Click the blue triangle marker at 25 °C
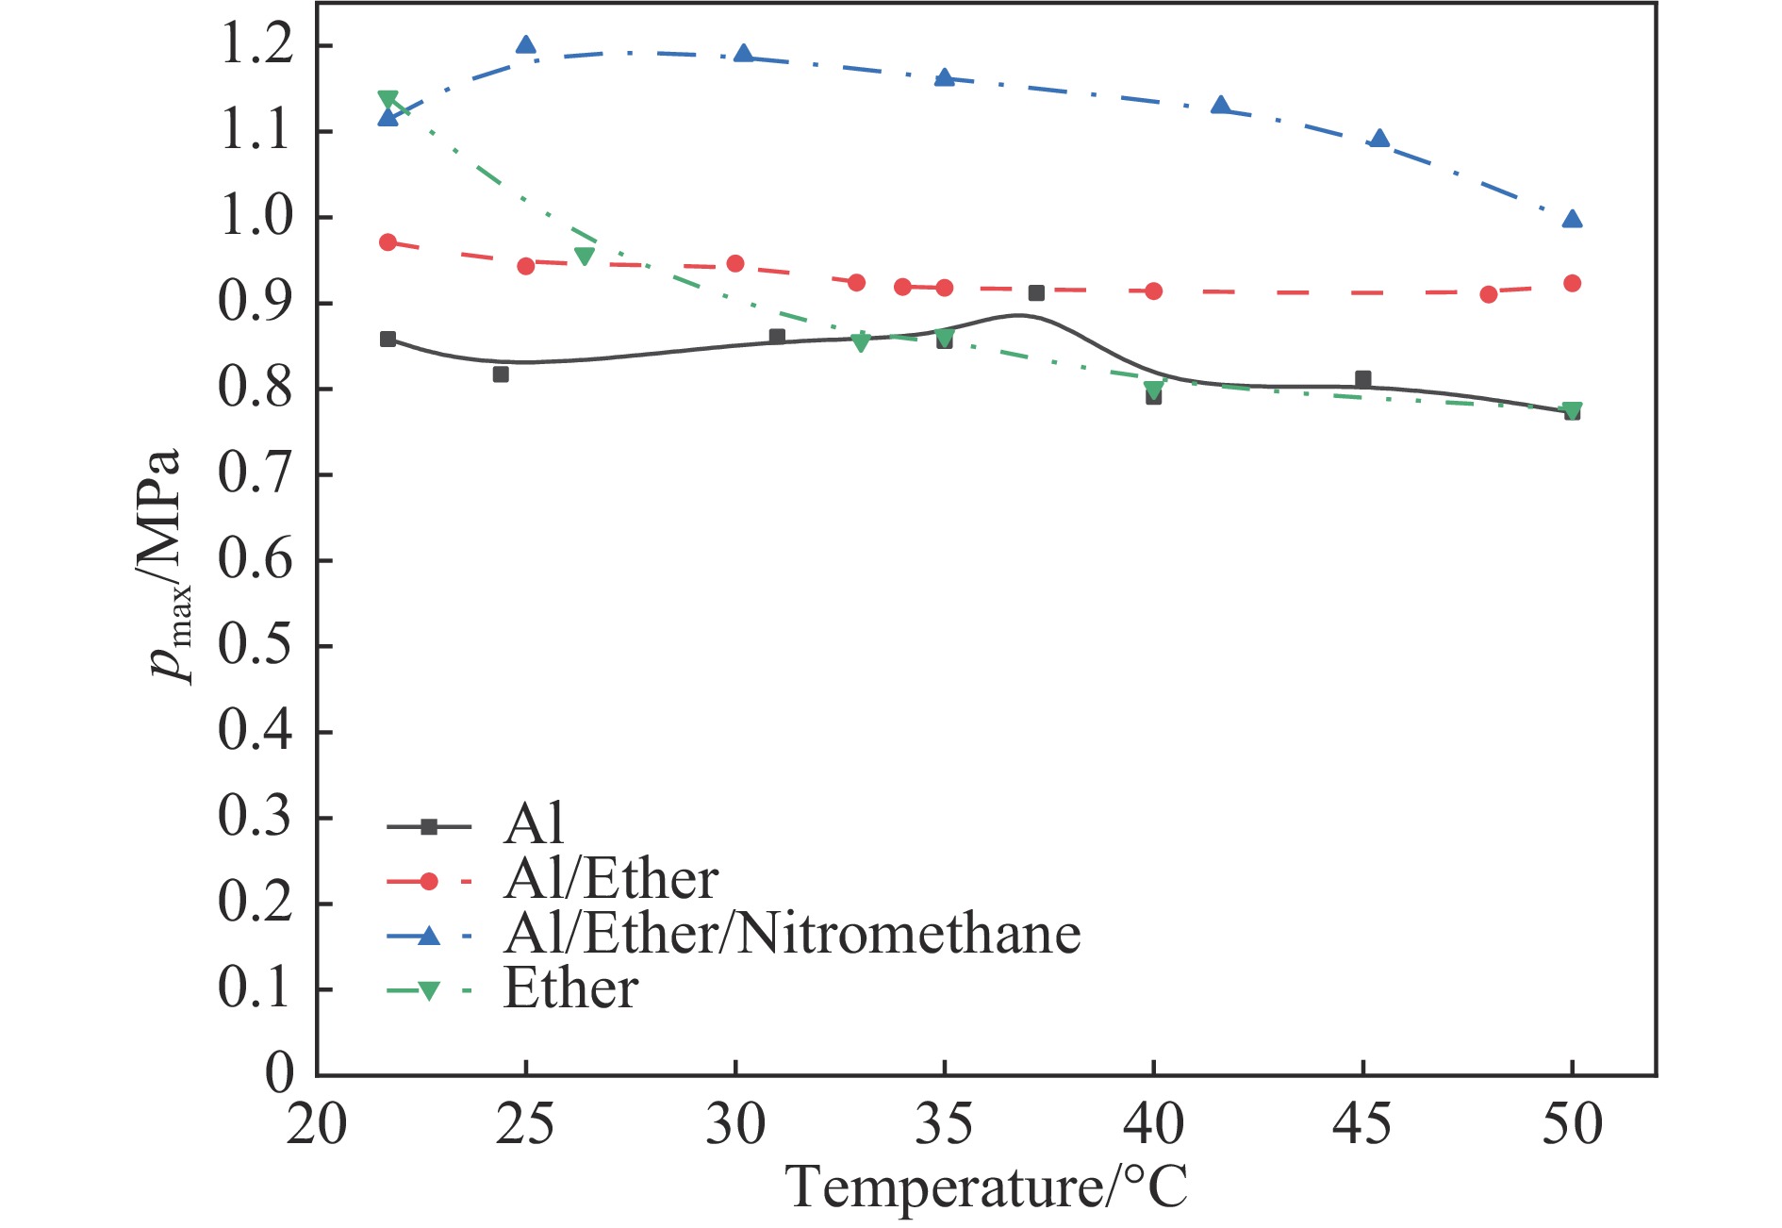click(526, 45)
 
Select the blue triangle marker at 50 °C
click(1572, 220)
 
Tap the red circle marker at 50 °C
click(1572, 283)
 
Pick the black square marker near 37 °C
click(1036, 293)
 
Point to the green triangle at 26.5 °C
click(585, 256)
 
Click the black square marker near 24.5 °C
click(501, 374)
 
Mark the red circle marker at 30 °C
click(735, 263)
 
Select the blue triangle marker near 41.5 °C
click(1221, 106)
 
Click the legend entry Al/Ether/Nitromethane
click(792, 935)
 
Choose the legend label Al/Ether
click(611, 880)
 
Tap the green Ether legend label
click(571, 989)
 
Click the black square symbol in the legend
click(429, 827)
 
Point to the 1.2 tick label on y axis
click(256, 45)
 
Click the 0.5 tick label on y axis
click(256, 646)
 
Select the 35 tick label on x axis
click(944, 1123)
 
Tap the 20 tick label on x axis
click(317, 1123)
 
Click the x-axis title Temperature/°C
click(986, 1187)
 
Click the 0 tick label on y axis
click(280, 1074)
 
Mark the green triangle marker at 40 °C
click(1153, 390)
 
